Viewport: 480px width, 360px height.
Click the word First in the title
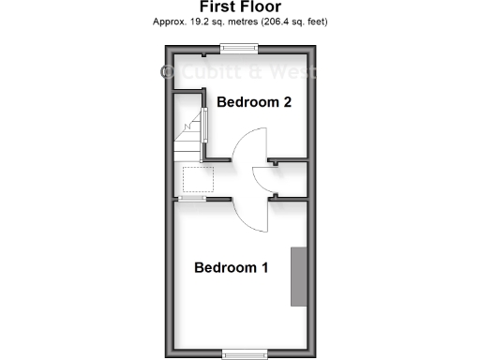[x=219, y=7]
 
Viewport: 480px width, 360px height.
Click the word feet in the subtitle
[x=317, y=21]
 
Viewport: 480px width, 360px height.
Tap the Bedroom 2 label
[x=254, y=102]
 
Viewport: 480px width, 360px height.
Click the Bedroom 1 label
[x=232, y=268]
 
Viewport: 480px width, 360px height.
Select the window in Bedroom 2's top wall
[x=238, y=48]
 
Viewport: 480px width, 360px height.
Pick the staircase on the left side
[x=188, y=141]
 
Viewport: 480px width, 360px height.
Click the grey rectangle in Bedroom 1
[x=298, y=276]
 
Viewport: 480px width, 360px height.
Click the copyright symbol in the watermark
[x=170, y=72]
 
